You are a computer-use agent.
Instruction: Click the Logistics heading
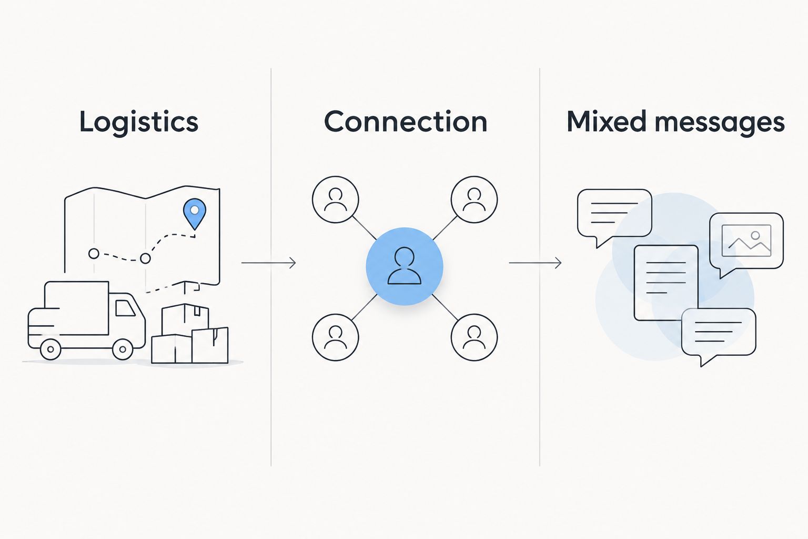(139, 123)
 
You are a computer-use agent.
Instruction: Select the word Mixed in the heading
(607, 121)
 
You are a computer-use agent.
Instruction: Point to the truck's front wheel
(123, 349)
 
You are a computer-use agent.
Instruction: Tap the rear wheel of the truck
(50, 349)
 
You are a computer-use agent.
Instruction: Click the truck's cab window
(125, 308)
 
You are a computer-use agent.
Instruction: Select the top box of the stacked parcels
(185, 319)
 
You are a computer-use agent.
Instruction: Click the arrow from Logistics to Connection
(269, 263)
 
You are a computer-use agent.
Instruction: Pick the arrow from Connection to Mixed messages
(536, 263)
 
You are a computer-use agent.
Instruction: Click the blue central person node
(405, 266)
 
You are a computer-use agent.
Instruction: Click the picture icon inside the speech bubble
(746, 241)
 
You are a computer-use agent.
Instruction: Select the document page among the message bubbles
(666, 283)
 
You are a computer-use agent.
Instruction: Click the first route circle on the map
(94, 254)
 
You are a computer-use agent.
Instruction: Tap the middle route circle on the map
(145, 258)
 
